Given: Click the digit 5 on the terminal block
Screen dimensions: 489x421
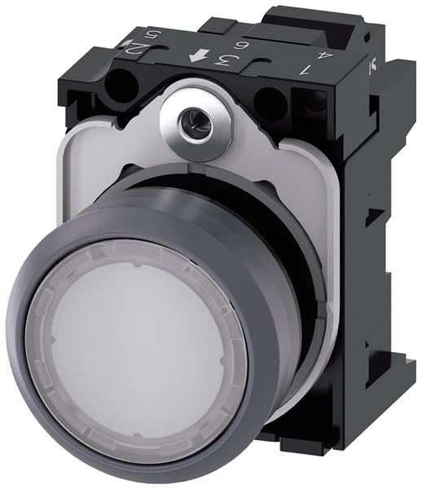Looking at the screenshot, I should [150, 37].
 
